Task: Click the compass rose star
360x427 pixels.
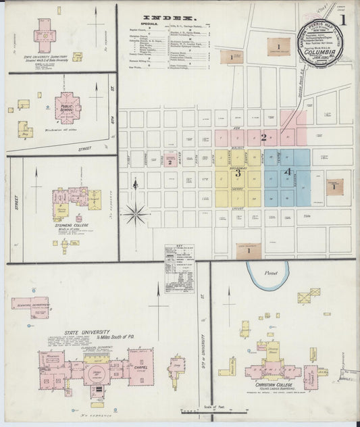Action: (x=136, y=214)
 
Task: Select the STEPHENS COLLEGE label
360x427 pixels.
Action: (x=71, y=226)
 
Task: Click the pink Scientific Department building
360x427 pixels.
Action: (x=30, y=306)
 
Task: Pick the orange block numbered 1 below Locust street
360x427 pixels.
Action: (x=249, y=251)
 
